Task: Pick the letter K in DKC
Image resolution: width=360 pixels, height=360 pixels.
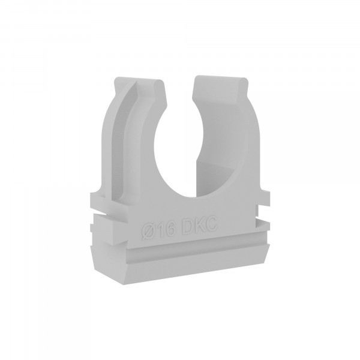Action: click(x=199, y=226)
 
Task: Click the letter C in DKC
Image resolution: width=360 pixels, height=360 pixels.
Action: click(x=211, y=224)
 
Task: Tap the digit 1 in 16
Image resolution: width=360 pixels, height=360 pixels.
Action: click(x=161, y=231)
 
